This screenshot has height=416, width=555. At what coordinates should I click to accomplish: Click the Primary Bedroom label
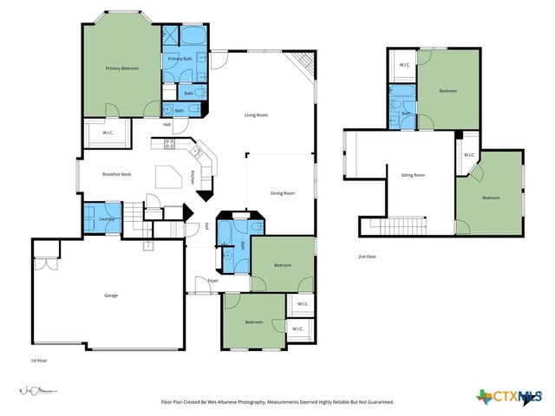(122, 68)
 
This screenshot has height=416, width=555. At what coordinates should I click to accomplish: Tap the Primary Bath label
(180, 59)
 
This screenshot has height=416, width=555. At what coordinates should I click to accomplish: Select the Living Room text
(255, 114)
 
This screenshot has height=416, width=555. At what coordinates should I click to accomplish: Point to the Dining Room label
(283, 193)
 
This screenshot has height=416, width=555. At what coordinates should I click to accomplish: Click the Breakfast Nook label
(116, 175)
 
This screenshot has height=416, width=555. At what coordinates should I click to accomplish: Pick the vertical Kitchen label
(193, 177)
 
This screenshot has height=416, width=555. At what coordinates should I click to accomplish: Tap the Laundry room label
(108, 219)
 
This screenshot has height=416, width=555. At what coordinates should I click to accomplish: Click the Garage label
(111, 296)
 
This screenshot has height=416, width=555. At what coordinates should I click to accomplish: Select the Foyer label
(212, 280)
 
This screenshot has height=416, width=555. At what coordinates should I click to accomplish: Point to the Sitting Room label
(413, 175)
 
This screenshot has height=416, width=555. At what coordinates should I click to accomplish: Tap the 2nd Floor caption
(368, 257)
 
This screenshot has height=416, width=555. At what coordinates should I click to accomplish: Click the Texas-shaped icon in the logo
(484, 397)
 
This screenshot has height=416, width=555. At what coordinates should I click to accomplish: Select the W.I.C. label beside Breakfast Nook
(108, 133)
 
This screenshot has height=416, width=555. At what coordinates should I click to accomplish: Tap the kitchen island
(168, 177)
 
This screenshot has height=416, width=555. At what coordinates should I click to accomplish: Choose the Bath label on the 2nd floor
(406, 114)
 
